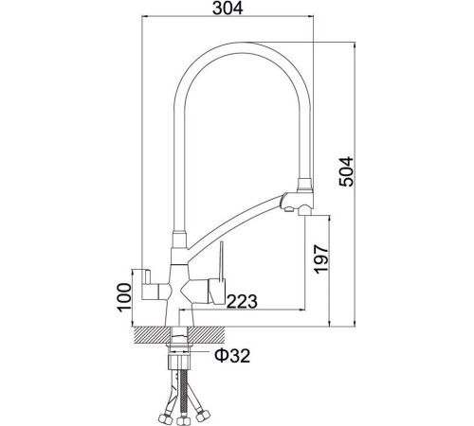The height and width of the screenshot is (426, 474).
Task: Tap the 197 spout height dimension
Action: [x=323, y=257]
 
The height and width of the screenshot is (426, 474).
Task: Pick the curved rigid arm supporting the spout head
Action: [x=237, y=222]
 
